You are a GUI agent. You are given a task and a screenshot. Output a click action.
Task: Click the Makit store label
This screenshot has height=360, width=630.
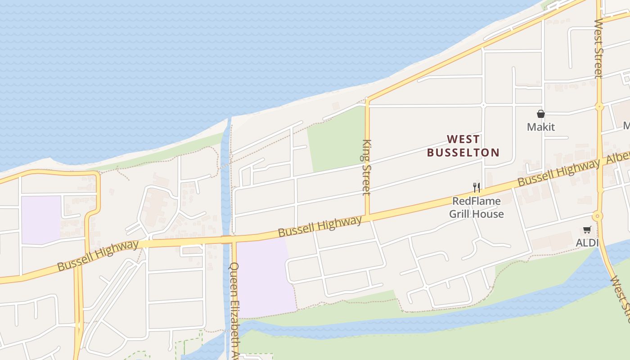click(x=540, y=127)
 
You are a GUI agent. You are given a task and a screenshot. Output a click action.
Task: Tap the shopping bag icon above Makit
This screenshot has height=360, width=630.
click(x=541, y=114)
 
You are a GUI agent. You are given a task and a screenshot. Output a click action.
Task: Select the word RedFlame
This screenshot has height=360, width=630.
click(x=477, y=201)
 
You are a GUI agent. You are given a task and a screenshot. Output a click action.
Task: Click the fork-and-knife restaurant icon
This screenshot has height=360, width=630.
click(x=476, y=187)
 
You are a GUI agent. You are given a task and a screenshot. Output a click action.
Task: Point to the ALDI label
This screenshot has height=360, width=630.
click(x=587, y=243)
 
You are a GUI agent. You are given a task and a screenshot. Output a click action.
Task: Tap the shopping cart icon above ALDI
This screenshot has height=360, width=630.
click(x=587, y=230)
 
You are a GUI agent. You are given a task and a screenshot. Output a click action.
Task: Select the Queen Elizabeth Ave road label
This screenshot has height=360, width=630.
click(x=234, y=310)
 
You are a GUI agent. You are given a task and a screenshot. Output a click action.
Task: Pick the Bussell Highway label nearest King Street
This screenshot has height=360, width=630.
click(x=319, y=227)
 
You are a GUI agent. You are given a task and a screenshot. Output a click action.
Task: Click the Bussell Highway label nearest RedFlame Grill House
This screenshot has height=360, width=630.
click(x=558, y=173)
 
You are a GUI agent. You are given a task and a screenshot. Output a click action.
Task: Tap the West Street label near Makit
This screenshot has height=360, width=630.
click(x=598, y=49)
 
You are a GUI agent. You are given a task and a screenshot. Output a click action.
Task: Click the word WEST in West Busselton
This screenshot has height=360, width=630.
click(x=463, y=139)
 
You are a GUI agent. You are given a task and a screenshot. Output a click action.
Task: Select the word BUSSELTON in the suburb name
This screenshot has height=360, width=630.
click(x=463, y=153)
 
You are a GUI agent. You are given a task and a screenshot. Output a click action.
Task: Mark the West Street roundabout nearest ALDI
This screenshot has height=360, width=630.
click(x=597, y=216)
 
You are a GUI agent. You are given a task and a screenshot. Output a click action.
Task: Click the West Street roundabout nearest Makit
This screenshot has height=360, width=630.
click(x=599, y=107)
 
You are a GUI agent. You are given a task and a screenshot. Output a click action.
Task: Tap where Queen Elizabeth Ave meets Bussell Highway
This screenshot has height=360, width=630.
click(x=234, y=239)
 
